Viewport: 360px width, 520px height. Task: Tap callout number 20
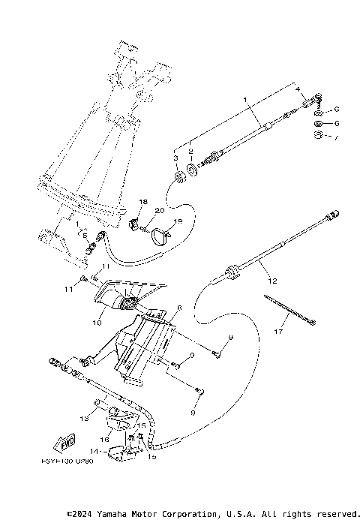[159, 211]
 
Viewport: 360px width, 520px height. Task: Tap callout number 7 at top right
[337, 138]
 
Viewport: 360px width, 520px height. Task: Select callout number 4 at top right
[297, 90]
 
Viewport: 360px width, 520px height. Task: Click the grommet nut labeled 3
[181, 177]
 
